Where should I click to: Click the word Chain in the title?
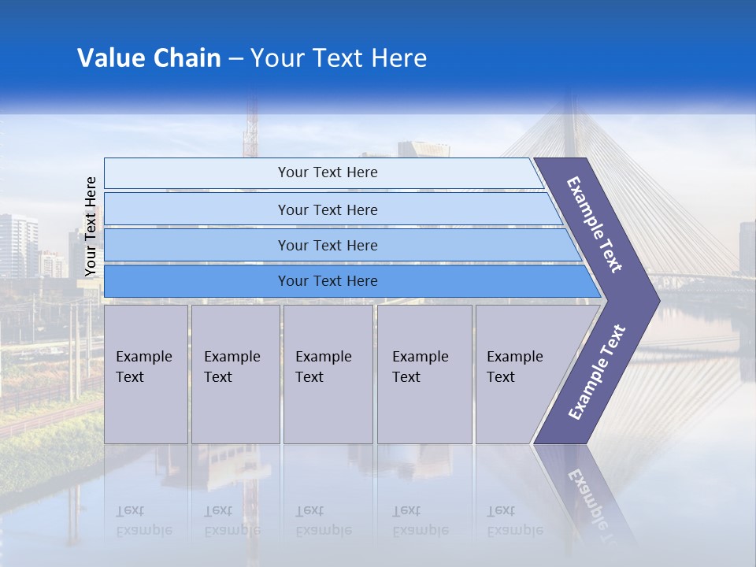pyautogui.click(x=188, y=58)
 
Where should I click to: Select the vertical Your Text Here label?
pyautogui.click(x=91, y=226)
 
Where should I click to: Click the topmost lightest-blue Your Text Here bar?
pyautogui.click(x=327, y=172)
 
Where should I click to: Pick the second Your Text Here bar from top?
pyautogui.click(x=327, y=209)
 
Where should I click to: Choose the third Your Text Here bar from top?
pyautogui.click(x=327, y=245)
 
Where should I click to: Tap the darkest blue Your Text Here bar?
pyautogui.click(x=327, y=281)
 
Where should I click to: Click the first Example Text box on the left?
pyautogui.click(x=146, y=374)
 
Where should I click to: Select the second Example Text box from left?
pyautogui.click(x=235, y=374)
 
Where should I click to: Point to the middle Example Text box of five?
pyautogui.click(x=327, y=374)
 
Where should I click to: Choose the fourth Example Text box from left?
pyautogui.click(x=424, y=374)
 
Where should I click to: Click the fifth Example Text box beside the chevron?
pyautogui.click(x=516, y=374)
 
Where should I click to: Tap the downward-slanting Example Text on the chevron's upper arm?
pyautogui.click(x=595, y=224)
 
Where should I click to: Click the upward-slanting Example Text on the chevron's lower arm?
pyautogui.click(x=596, y=372)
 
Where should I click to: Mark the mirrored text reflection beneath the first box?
pyautogui.click(x=143, y=521)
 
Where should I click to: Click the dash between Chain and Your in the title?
pyautogui.click(x=235, y=59)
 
